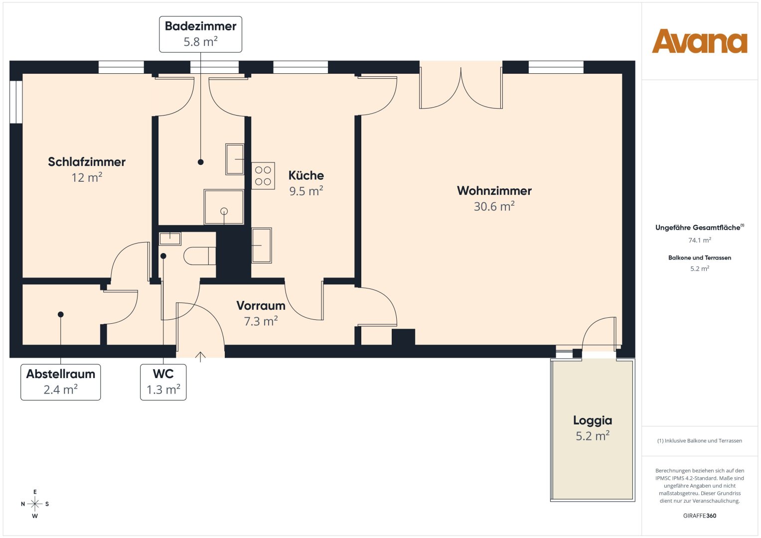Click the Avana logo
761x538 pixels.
pos(699,41)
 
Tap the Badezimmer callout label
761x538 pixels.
pos(200,34)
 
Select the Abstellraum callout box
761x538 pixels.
pos(60,382)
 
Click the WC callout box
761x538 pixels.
pos(163,382)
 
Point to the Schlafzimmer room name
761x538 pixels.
pos(87,162)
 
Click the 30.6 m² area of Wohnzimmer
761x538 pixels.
pos(494,206)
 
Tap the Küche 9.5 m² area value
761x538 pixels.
pos(306,191)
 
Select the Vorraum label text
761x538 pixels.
pos(261,306)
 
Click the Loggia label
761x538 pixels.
pos(593,420)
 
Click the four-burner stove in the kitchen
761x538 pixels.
pos(263,175)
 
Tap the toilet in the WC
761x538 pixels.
pos(200,256)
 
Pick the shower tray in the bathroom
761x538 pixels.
pos(224,207)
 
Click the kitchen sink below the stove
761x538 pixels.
pos(262,245)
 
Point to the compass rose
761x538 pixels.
pos(35,504)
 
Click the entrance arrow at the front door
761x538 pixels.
pos(200,357)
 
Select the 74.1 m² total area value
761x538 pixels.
pos(700,240)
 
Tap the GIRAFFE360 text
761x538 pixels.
pos(700,516)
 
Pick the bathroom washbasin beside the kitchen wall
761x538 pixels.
pos(235,159)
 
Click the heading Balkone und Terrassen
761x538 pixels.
pos(700,258)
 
